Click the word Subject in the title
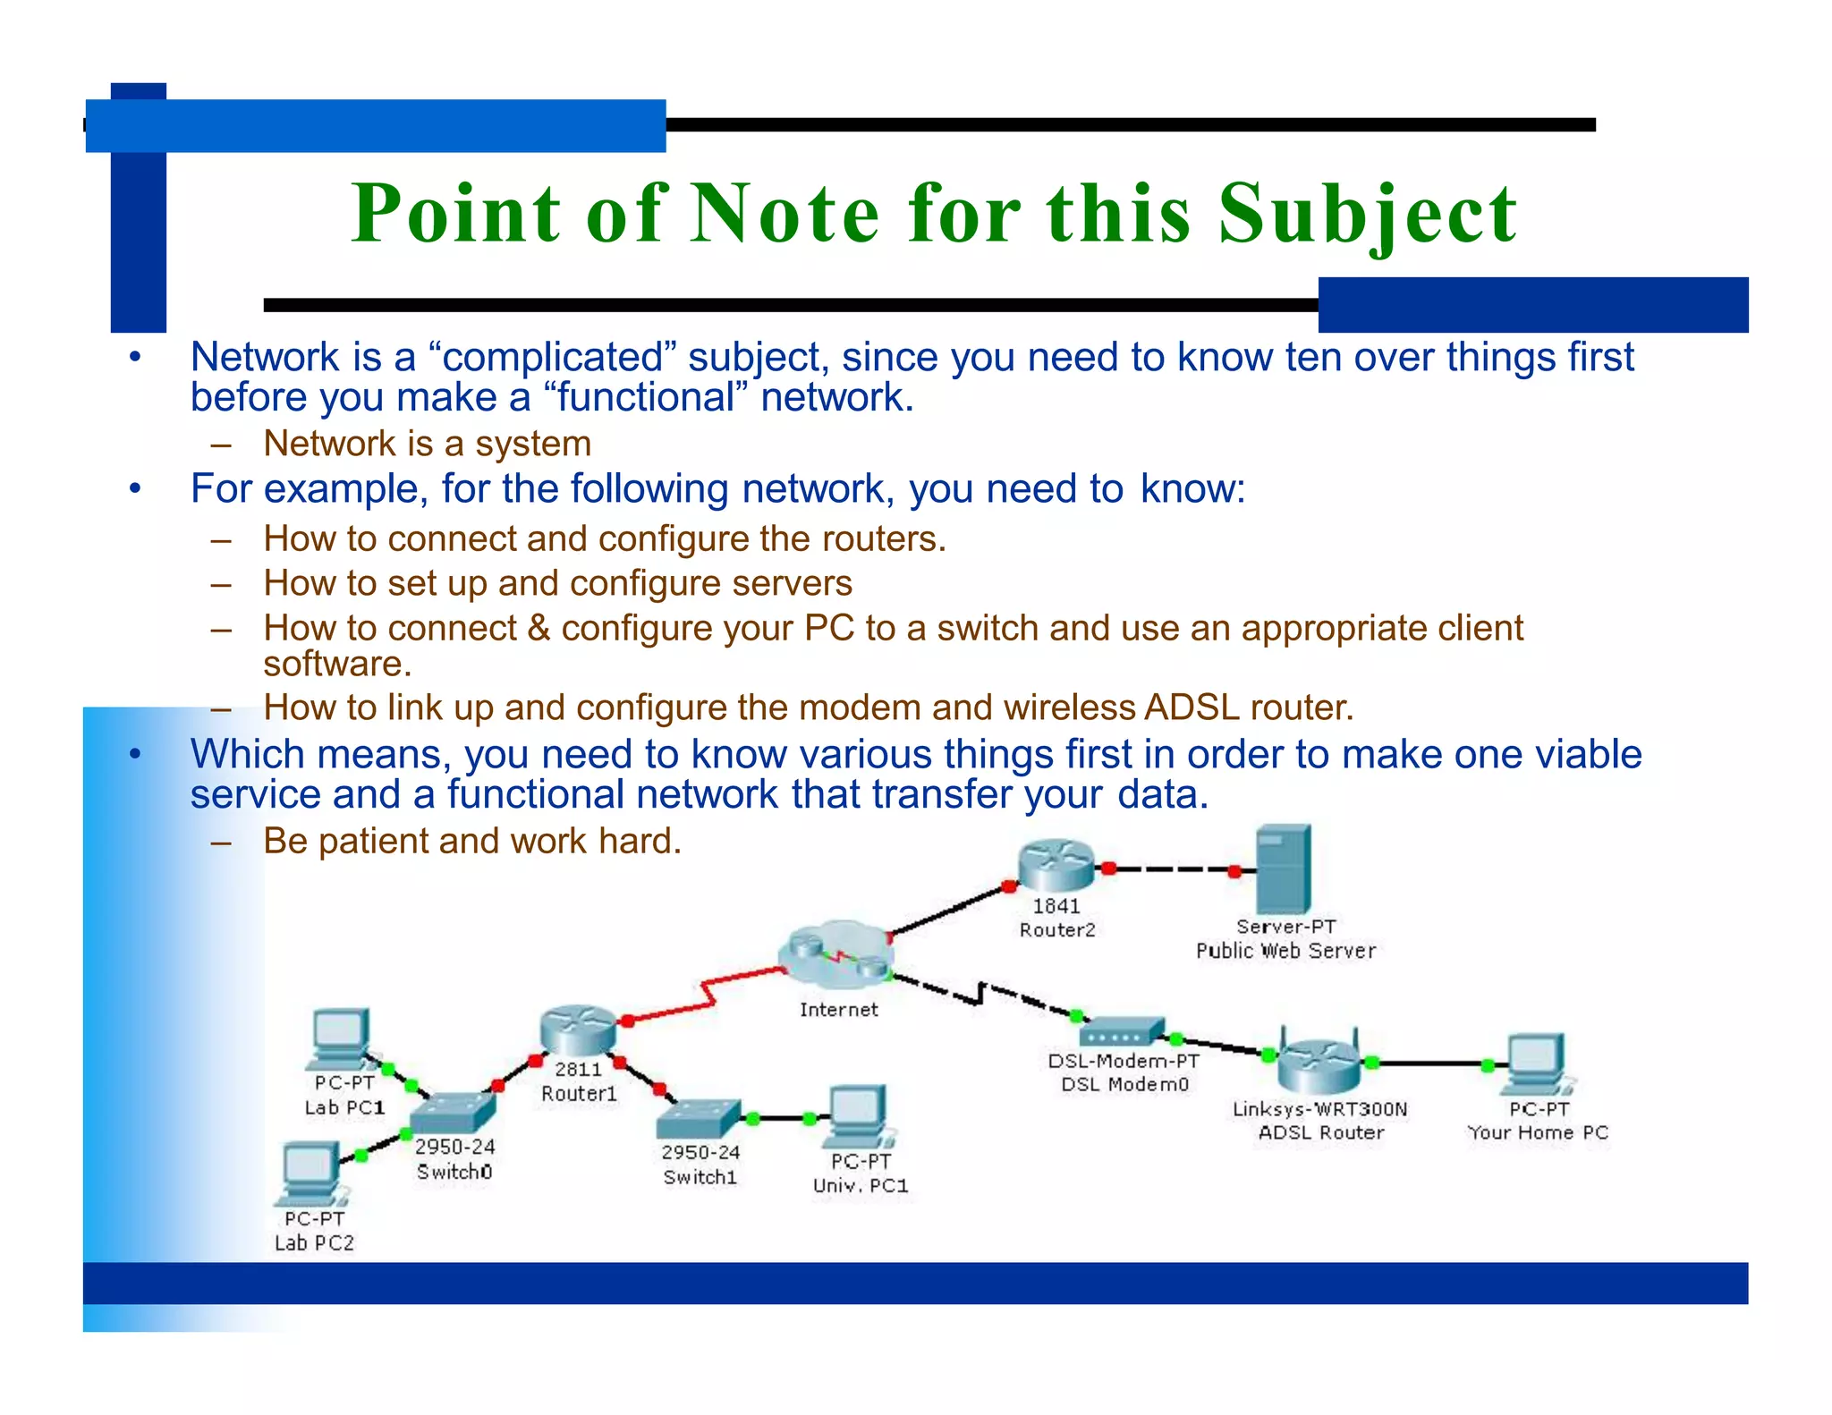click(x=1367, y=215)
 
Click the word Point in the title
click(x=456, y=215)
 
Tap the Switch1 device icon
click(x=699, y=1119)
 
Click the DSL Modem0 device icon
click(x=1122, y=1034)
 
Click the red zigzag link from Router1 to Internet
click(x=707, y=994)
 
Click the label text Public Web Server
click(x=1285, y=951)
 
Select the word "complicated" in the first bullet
click(x=554, y=358)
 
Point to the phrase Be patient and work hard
click(x=472, y=842)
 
